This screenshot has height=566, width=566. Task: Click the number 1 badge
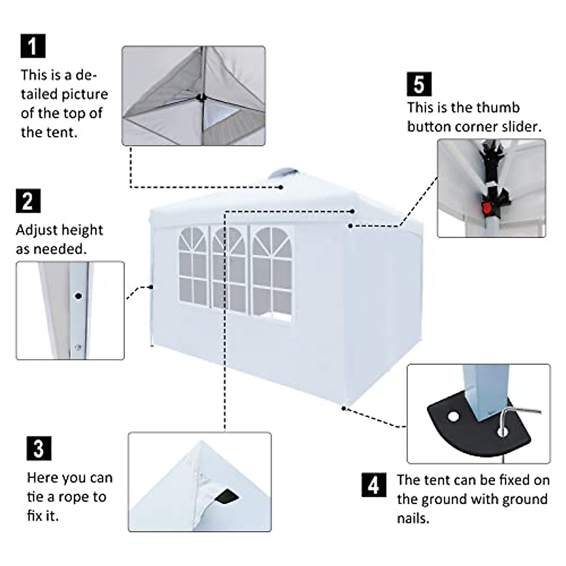[x=33, y=46]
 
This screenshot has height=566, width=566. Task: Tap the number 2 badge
[x=28, y=201]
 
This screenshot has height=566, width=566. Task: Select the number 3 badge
[x=39, y=448]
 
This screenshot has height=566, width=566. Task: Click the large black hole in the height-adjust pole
[x=78, y=296]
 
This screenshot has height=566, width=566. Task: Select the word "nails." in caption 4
[x=413, y=519]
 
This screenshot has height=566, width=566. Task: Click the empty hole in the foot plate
[x=453, y=417]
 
